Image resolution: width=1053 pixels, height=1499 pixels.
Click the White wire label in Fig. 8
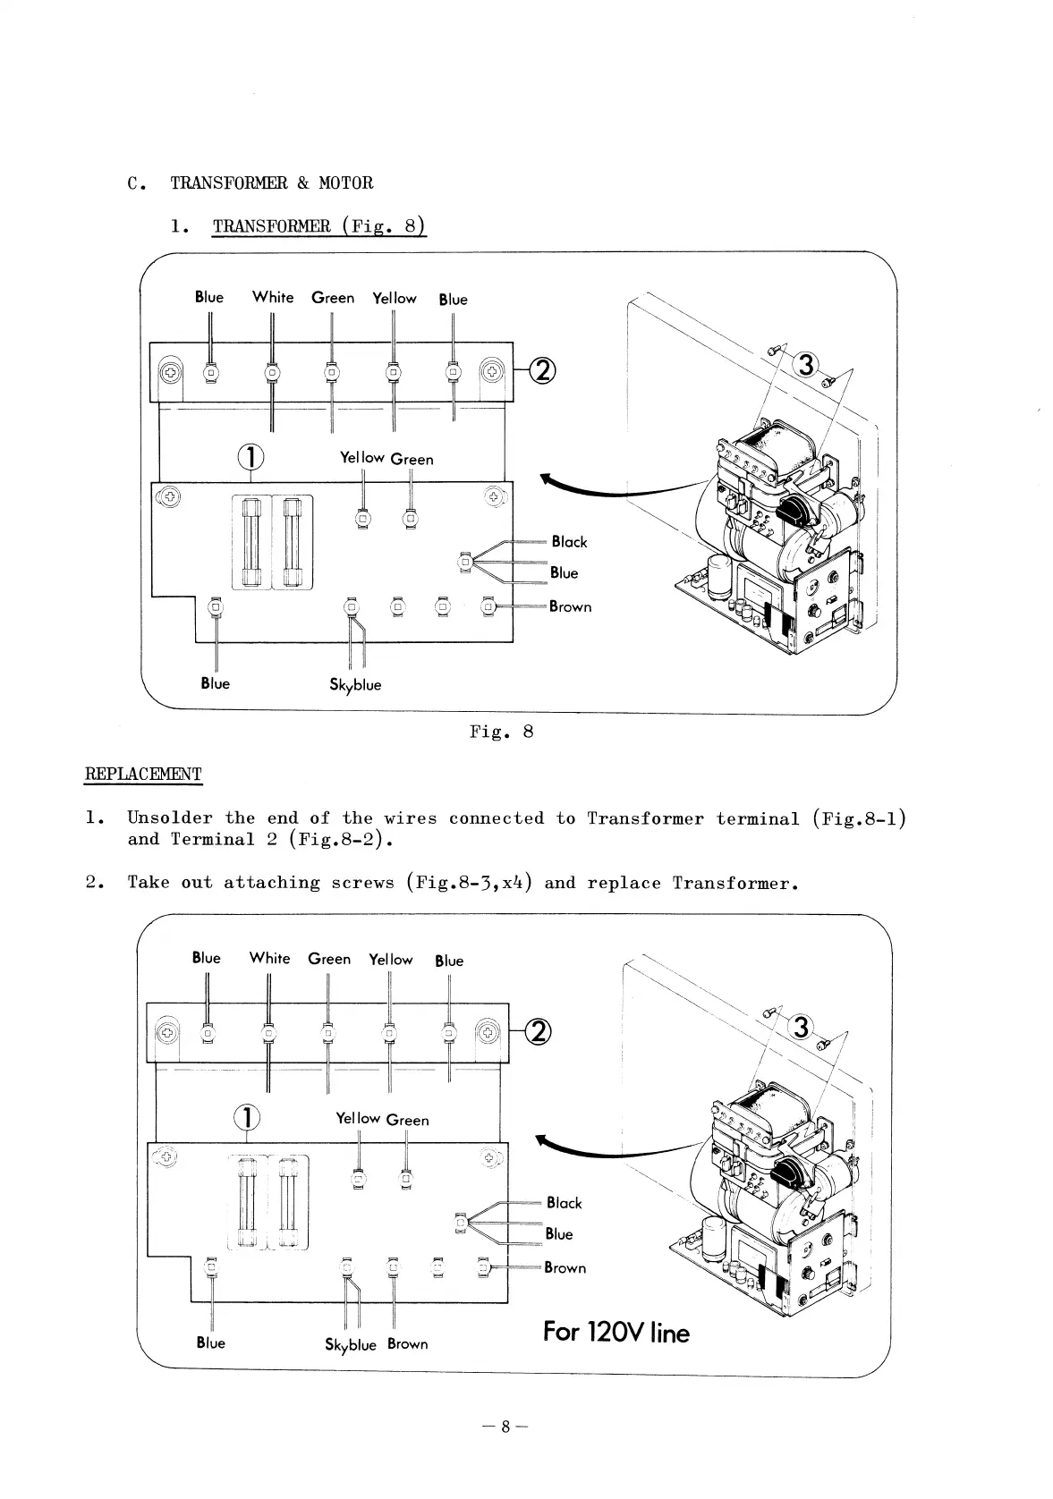point(272,297)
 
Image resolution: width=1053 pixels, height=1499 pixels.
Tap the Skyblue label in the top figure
point(355,685)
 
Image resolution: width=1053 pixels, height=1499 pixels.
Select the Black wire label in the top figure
point(569,541)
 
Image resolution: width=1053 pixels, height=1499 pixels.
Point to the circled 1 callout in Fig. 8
point(251,457)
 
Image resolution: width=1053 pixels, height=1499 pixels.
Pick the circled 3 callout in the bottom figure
point(801,1028)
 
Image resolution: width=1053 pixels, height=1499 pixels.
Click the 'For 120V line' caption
point(616,1334)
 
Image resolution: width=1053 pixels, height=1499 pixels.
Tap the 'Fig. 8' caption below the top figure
point(501,732)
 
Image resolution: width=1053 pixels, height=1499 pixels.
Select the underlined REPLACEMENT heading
point(143,774)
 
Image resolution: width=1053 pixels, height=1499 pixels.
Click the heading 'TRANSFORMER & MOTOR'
point(271,182)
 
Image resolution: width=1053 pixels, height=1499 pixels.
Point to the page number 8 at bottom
point(505,1427)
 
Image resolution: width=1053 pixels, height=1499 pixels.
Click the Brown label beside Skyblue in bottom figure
point(408,1344)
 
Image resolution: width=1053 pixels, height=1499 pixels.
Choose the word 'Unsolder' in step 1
point(170,817)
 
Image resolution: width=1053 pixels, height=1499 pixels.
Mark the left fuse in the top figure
point(251,542)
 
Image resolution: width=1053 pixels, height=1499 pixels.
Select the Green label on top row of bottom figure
point(329,959)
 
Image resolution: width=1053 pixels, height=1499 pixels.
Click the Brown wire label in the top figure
point(570,606)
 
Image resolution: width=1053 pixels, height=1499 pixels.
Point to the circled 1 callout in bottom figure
point(247,1117)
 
